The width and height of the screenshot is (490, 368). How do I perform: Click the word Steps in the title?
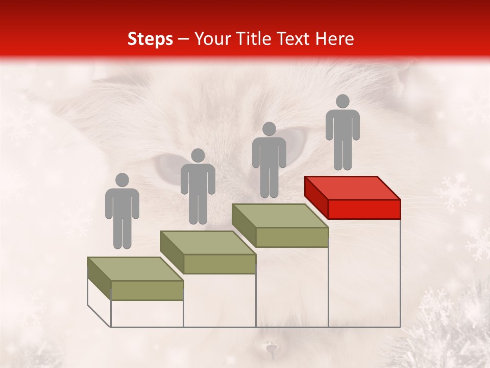(x=150, y=39)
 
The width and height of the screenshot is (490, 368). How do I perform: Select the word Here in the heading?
(x=334, y=39)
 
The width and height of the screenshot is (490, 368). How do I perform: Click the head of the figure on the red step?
(x=342, y=102)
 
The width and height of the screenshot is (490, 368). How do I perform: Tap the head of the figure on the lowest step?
(x=122, y=180)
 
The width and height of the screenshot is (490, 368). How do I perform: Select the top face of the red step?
(x=352, y=188)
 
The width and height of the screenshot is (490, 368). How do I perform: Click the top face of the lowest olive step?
(x=135, y=269)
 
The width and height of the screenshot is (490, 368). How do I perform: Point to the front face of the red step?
(x=364, y=209)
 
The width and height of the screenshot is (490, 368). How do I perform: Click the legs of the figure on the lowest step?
(x=122, y=233)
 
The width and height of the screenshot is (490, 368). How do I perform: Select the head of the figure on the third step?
(x=269, y=129)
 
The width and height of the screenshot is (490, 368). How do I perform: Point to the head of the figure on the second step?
(x=198, y=155)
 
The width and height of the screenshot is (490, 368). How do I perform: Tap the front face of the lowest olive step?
(x=147, y=290)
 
